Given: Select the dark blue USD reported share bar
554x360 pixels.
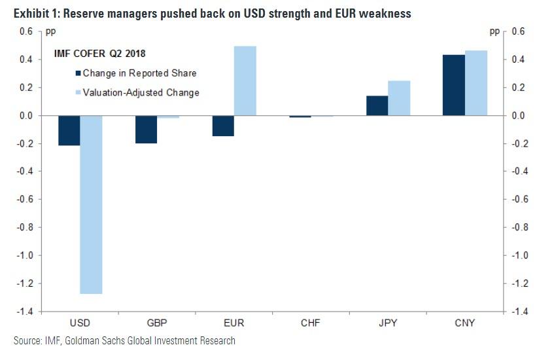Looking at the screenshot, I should coord(69,130).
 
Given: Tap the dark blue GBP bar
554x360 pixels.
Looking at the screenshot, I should coord(146,129).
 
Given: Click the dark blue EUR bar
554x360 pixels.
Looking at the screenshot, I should coord(222,126).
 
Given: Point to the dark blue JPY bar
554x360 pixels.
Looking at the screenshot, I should coord(377,105).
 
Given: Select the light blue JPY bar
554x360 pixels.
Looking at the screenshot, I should coord(399,98).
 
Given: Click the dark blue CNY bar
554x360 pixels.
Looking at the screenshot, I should coord(454,85).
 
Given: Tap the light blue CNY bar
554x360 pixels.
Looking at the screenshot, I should coord(476,83).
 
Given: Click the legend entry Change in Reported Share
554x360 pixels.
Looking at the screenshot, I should coord(139,73).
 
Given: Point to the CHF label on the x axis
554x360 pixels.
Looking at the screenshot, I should coord(311,323).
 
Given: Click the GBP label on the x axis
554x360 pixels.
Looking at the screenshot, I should coord(157,323).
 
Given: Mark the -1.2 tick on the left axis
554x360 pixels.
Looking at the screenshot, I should coord(27,283).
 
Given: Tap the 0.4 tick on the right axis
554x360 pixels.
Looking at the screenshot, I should coord(518,60).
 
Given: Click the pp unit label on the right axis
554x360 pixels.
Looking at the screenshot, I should coord(494,31).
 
